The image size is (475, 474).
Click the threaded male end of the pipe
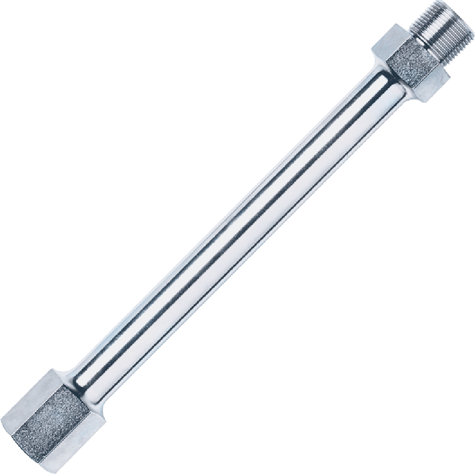pyautogui.click(x=440, y=30)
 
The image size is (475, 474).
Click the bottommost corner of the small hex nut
pyautogui.click(x=426, y=103)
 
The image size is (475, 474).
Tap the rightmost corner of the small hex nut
pyautogui.click(x=450, y=75)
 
